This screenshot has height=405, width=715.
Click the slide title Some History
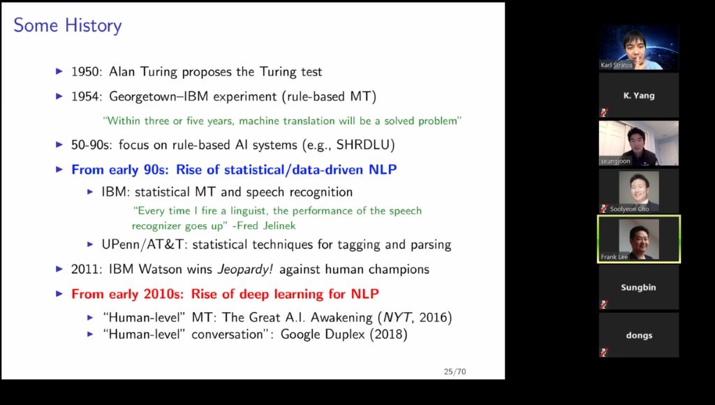(68, 26)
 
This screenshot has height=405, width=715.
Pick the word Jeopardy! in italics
(245, 270)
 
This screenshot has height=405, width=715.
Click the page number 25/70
(455, 371)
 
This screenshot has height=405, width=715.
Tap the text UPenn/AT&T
(142, 244)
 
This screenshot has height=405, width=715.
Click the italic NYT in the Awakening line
(397, 318)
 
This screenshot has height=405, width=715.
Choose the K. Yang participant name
(639, 96)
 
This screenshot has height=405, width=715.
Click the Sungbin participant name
(638, 287)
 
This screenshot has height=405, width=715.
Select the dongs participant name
(639, 335)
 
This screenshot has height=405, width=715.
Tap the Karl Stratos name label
(617, 65)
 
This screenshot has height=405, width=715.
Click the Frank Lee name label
(614, 257)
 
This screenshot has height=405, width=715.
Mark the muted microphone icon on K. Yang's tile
(604, 112)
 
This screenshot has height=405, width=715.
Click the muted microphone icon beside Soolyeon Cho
(604, 208)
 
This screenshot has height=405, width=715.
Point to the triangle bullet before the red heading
(59, 294)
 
